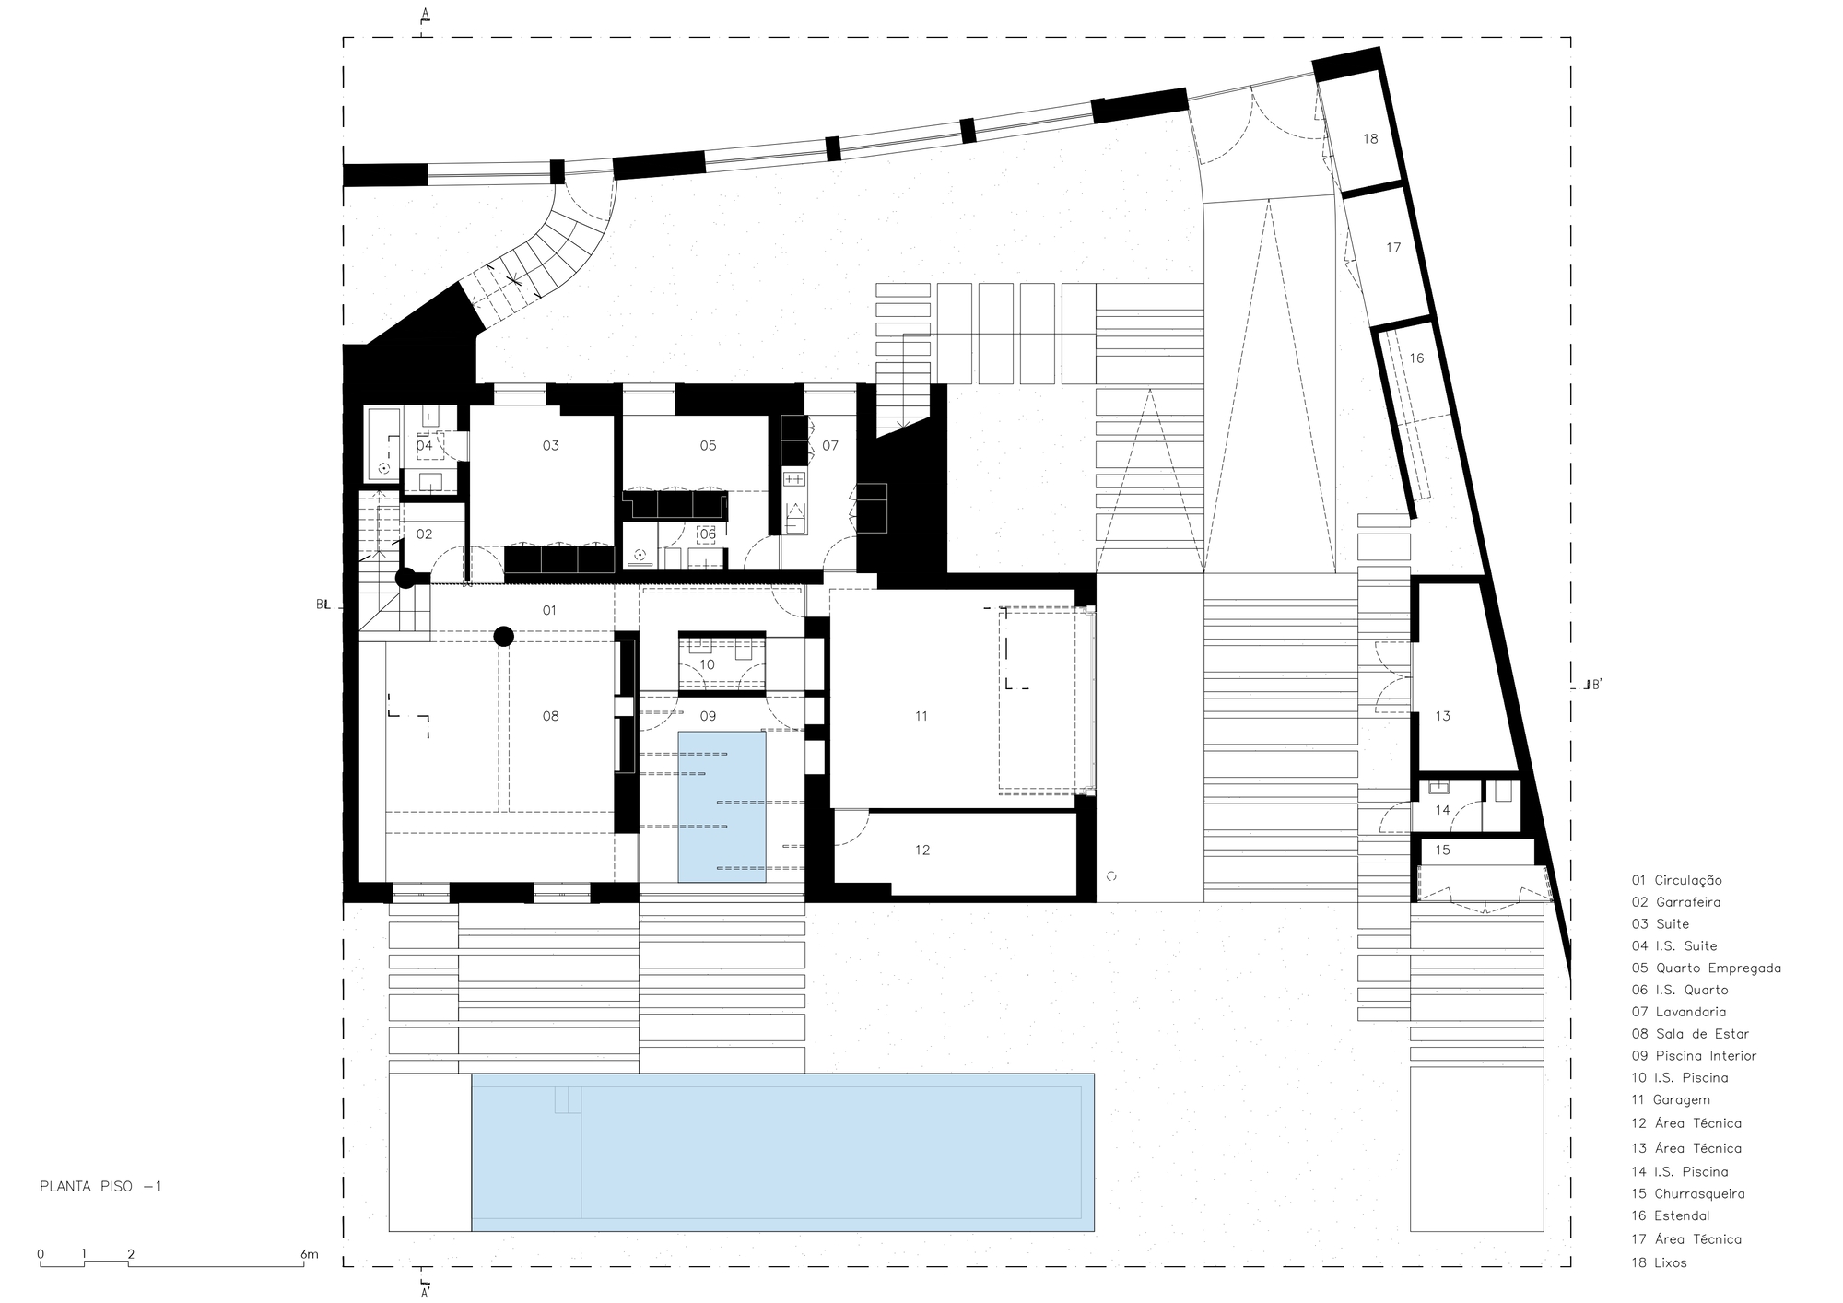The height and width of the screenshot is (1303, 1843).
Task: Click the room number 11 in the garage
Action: click(921, 716)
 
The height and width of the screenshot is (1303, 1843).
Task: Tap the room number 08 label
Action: click(550, 716)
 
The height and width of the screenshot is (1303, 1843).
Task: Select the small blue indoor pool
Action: click(722, 807)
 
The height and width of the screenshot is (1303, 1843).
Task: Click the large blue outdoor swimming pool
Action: click(782, 1152)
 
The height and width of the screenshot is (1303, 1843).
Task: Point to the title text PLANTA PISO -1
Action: click(100, 1187)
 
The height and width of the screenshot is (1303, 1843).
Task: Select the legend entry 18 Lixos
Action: click(1659, 1262)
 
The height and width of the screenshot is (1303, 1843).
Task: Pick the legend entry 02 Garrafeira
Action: click(1676, 902)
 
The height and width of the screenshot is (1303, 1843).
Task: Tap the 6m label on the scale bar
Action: click(309, 1254)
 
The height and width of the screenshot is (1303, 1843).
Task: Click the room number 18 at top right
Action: click(1370, 139)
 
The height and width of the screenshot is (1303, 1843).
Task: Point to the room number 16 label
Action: click(1416, 358)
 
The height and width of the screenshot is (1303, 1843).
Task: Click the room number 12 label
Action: click(922, 850)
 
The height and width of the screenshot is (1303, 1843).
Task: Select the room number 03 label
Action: click(550, 446)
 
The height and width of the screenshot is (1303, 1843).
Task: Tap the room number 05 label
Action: click(708, 446)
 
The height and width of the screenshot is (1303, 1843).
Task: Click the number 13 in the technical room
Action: click(1442, 716)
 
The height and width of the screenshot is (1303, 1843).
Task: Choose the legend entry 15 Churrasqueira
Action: click(1688, 1193)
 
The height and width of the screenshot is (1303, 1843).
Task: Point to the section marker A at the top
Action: click(425, 13)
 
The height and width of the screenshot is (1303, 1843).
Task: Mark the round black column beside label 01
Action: click(503, 636)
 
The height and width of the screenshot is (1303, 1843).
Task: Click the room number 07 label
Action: click(830, 446)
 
